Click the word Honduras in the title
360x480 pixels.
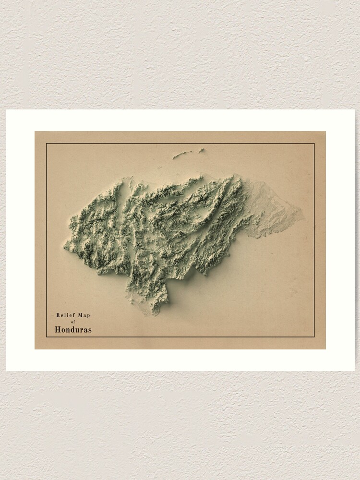(x=73, y=330)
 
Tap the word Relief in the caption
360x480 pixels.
(x=64, y=315)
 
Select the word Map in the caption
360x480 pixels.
(x=83, y=315)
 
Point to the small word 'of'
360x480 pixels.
(x=73, y=322)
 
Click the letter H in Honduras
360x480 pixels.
(x=58, y=330)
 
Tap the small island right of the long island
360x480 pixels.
(x=201, y=150)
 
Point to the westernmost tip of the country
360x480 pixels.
(x=64, y=247)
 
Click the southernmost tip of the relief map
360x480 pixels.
(x=155, y=314)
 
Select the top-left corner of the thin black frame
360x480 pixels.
(x=47, y=144)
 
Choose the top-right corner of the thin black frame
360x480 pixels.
(x=314, y=144)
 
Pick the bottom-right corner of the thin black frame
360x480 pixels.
(x=314, y=337)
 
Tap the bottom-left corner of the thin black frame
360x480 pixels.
(x=47, y=337)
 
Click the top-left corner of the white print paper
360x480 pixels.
(x=6, y=110)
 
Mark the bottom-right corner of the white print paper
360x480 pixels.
(x=354, y=371)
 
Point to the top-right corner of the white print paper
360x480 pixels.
(x=354, y=110)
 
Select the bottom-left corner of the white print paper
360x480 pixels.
(x=6, y=371)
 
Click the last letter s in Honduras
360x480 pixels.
(x=89, y=330)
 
